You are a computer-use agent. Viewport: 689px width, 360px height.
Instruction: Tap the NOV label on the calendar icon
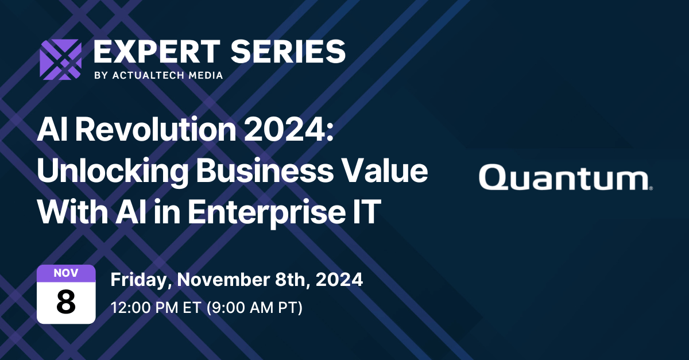point(66,272)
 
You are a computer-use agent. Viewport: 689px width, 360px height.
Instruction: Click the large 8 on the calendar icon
point(66,302)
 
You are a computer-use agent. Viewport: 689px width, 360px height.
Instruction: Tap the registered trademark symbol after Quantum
point(650,187)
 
